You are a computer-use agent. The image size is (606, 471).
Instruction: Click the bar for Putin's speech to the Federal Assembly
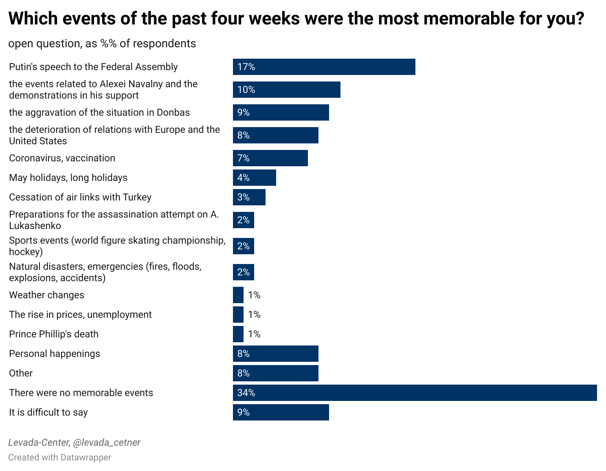point(324,67)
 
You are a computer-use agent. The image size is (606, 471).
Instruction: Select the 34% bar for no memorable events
point(415,393)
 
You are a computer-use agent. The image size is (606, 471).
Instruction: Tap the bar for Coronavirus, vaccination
point(270,158)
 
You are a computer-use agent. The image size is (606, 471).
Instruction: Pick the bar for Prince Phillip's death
point(238,334)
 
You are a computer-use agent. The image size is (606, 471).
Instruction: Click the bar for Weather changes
point(238,295)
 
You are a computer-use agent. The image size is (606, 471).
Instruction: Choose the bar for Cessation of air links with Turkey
point(249,197)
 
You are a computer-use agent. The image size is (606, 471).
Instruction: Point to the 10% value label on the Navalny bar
point(246,90)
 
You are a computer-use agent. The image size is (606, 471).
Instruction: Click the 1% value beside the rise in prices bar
point(254,315)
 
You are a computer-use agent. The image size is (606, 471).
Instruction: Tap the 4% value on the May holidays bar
point(244,178)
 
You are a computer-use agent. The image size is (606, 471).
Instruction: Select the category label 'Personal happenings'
point(55,354)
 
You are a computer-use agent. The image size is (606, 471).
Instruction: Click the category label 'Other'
point(21,373)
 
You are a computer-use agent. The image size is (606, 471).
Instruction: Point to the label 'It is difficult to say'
point(48,412)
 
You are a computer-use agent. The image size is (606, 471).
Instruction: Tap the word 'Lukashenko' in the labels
point(35,226)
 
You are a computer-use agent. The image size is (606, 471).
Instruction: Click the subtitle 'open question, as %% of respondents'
point(102,44)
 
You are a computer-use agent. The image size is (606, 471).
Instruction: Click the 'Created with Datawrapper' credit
point(59,458)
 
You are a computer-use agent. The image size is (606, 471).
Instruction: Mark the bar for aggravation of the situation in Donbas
point(281,112)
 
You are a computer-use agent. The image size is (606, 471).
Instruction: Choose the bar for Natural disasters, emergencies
point(243,272)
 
